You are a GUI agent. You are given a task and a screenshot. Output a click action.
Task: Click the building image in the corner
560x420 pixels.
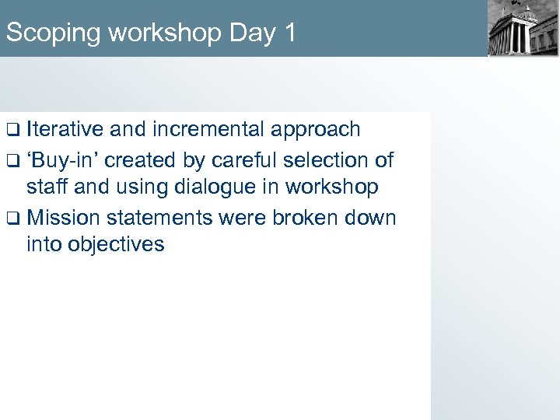click(x=523, y=29)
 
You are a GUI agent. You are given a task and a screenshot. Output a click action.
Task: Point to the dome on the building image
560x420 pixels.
click(x=528, y=13)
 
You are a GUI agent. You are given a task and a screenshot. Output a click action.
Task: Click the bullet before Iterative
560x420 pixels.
click(x=12, y=130)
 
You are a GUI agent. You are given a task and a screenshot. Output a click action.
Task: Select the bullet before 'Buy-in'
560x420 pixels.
click(x=12, y=162)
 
